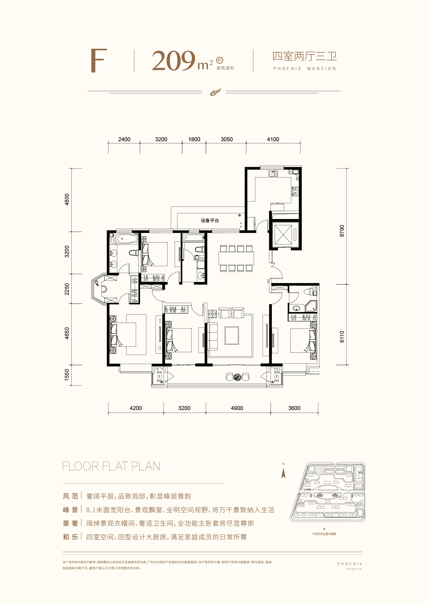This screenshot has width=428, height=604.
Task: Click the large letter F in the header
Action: (x=99, y=60)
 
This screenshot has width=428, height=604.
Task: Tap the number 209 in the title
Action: (x=173, y=61)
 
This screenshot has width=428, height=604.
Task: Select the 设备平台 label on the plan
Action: (x=210, y=221)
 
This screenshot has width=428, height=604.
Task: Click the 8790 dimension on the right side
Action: (x=342, y=231)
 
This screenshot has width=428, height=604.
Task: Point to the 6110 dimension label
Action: (x=342, y=337)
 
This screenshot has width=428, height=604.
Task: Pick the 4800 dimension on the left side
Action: (x=67, y=199)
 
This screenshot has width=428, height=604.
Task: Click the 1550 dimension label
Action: (x=67, y=374)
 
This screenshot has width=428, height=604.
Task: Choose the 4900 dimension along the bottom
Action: (x=237, y=408)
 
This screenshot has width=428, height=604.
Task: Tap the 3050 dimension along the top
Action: (x=227, y=139)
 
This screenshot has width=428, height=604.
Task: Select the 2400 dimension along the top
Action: (x=124, y=139)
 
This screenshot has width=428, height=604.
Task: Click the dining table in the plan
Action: (x=236, y=258)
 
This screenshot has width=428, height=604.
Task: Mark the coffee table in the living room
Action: (x=232, y=335)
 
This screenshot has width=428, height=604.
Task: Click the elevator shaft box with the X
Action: (x=283, y=235)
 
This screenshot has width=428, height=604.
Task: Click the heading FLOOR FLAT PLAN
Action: (x=111, y=466)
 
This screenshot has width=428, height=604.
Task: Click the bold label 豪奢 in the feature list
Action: (x=70, y=523)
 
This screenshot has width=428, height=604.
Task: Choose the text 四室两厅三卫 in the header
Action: (x=305, y=56)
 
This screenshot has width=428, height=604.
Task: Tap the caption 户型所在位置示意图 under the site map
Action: (x=324, y=534)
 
